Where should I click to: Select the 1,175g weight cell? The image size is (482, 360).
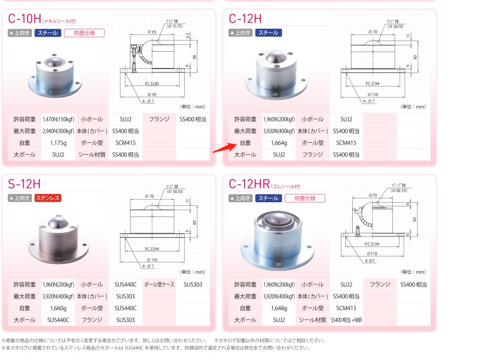click(x=58, y=143)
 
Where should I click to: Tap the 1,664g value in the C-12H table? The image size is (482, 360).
click(x=279, y=143)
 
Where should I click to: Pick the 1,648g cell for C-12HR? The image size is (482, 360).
click(x=279, y=308)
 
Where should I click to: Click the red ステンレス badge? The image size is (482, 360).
click(x=48, y=198)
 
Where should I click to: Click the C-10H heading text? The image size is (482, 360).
click(x=26, y=18)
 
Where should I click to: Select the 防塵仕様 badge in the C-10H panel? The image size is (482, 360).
click(x=84, y=33)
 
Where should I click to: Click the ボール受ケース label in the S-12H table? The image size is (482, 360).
click(x=159, y=284)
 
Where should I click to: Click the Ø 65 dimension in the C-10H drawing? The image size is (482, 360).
click(x=152, y=31)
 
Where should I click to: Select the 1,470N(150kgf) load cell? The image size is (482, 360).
click(x=58, y=119)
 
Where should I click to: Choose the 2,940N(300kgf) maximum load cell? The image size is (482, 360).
click(x=58, y=131)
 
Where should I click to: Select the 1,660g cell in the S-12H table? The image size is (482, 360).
click(x=58, y=308)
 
